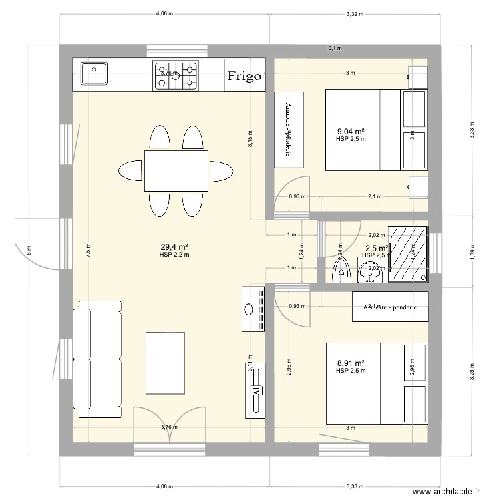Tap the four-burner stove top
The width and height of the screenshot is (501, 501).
click(176, 75)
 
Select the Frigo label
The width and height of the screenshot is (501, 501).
click(244, 76)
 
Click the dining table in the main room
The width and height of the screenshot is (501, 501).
click(176, 170)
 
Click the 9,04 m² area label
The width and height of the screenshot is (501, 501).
click(351, 132)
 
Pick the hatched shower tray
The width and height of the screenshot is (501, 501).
click(408, 254)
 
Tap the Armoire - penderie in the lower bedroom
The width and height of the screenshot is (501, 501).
click(389, 307)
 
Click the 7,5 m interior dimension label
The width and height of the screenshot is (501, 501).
click(88, 250)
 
